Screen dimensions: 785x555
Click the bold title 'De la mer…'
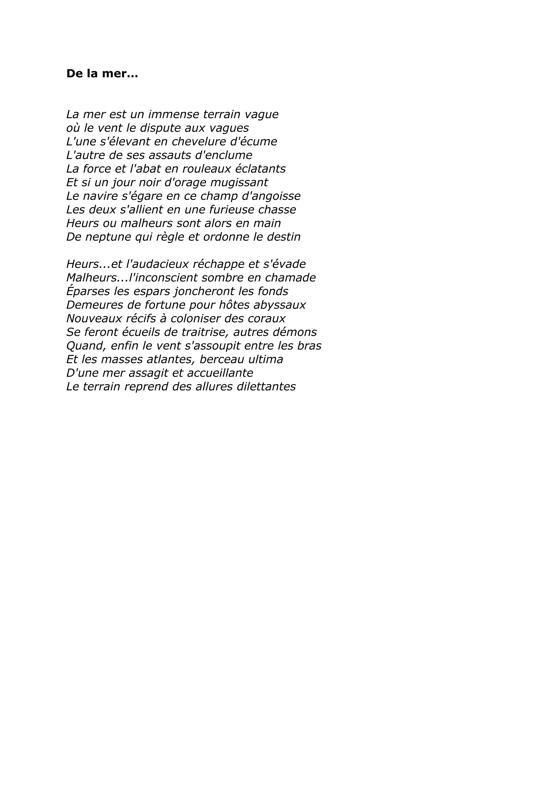(x=102, y=73)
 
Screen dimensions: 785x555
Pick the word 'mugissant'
(x=239, y=183)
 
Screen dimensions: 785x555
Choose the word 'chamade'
(x=290, y=278)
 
